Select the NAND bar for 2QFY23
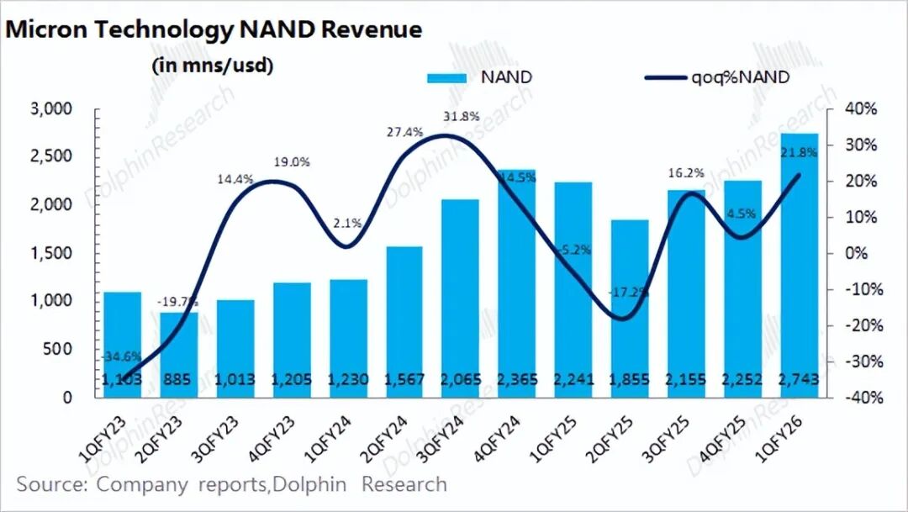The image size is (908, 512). coord(179,354)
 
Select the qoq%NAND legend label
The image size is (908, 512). coord(741,77)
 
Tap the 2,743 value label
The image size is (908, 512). coord(800,381)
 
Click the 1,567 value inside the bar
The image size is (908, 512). coord(403,381)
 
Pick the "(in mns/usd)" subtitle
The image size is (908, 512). coord(212,66)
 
